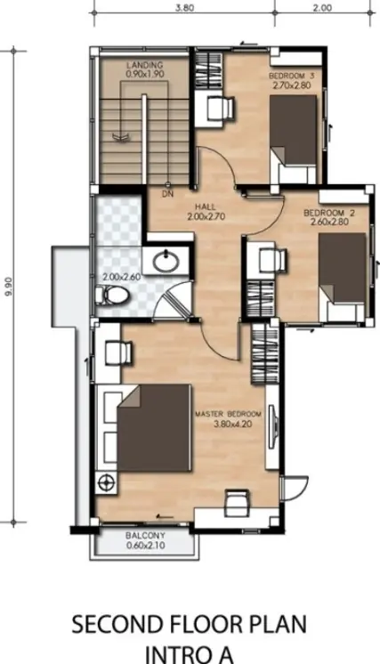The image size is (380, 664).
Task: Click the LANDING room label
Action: pos(145,65)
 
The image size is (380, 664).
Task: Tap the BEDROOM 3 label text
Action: pos(292,76)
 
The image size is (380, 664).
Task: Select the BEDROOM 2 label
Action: pos(329,213)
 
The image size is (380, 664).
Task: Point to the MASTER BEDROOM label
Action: pos(228,414)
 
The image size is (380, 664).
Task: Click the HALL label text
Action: pos(206,207)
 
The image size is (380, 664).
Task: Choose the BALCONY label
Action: pos(145,536)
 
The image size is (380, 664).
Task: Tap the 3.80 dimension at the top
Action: pos(185,8)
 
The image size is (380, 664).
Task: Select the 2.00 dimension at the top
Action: pos(322,8)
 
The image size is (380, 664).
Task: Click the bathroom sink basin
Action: pos(166,262)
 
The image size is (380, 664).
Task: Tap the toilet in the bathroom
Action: pos(111,296)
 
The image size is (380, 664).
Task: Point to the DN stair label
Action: pos(168,194)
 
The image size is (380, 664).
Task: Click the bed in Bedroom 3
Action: pos(294,139)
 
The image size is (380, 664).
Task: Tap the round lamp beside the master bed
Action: pos(105,482)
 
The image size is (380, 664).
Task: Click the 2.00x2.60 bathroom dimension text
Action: pos(121,278)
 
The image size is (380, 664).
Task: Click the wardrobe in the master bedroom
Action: pos(260,354)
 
